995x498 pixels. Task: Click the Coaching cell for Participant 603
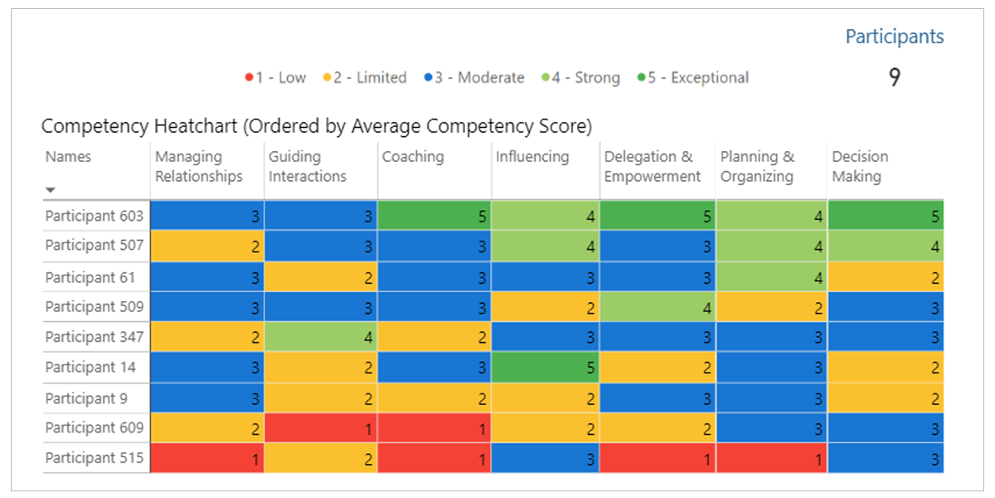click(434, 216)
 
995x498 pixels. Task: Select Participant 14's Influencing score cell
click(546, 367)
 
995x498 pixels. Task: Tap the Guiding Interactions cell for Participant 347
click(321, 337)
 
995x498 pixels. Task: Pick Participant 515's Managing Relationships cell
click(207, 458)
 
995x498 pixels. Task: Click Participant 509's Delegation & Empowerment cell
click(658, 306)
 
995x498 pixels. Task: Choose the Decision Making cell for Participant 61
click(886, 277)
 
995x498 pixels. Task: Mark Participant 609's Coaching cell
click(434, 428)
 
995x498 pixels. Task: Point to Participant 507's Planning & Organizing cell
click(771, 246)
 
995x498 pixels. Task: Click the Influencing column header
click(532, 157)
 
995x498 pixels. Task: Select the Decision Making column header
click(860, 166)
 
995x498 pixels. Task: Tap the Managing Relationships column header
click(199, 166)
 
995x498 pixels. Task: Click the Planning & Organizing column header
click(757, 166)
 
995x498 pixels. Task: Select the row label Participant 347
click(95, 337)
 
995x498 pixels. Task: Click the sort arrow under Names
click(51, 190)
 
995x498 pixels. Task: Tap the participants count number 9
click(895, 78)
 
